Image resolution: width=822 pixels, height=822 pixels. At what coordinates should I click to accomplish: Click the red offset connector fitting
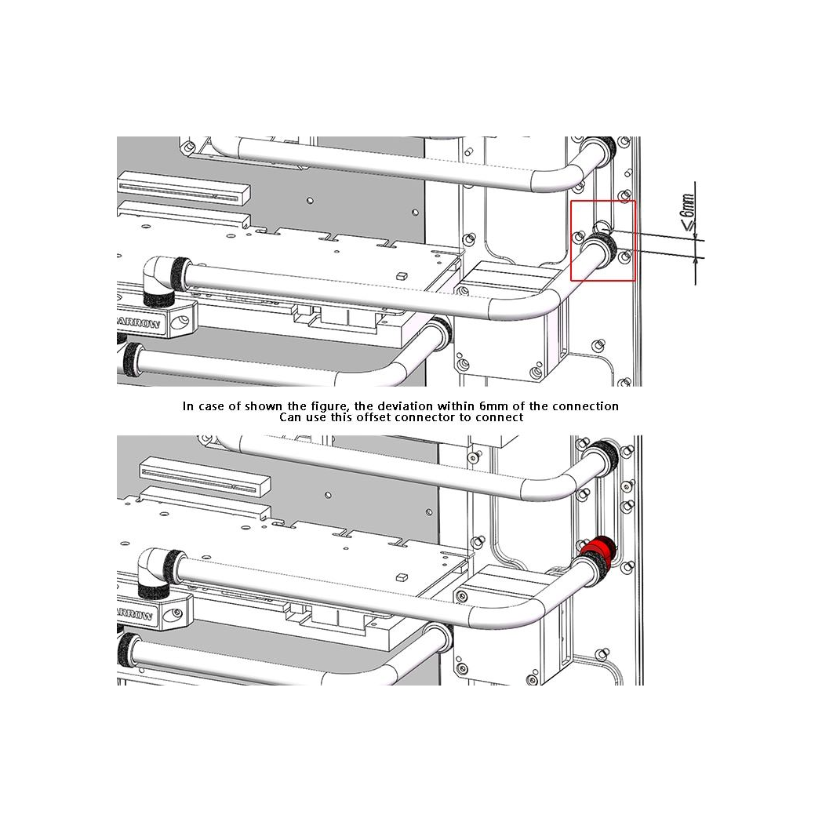click(x=598, y=549)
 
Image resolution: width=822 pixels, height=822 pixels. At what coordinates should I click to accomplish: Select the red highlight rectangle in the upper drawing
click(x=603, y=201)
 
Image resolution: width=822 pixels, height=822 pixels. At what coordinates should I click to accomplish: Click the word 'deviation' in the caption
click(x=406, y=406)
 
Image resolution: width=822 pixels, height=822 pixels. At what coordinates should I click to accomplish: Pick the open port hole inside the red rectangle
click(x=602, y=227)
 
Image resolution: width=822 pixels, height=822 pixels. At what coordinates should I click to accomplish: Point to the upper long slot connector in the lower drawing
click(x=205, y=477)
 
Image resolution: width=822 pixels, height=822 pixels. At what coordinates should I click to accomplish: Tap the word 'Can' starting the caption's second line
click(x=289, y=417)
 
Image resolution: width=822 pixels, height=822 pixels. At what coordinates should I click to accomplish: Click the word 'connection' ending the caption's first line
click(x=585, y=406)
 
